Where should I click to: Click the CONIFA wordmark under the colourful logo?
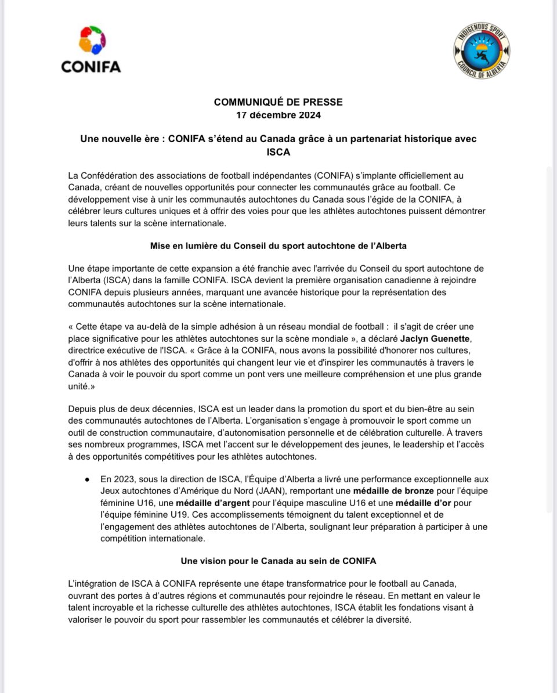(x=91, y=67)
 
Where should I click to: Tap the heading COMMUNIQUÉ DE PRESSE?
(x=278, y=102)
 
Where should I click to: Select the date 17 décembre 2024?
(x=278, y=114)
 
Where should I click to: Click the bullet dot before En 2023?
(x=86, y=479)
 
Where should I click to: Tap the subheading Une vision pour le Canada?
(x=278, y=561)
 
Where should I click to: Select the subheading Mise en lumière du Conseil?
(x=278, y=246)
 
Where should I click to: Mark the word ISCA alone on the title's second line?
(x=278, y=151)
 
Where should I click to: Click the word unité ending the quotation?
(x=79, y=385)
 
